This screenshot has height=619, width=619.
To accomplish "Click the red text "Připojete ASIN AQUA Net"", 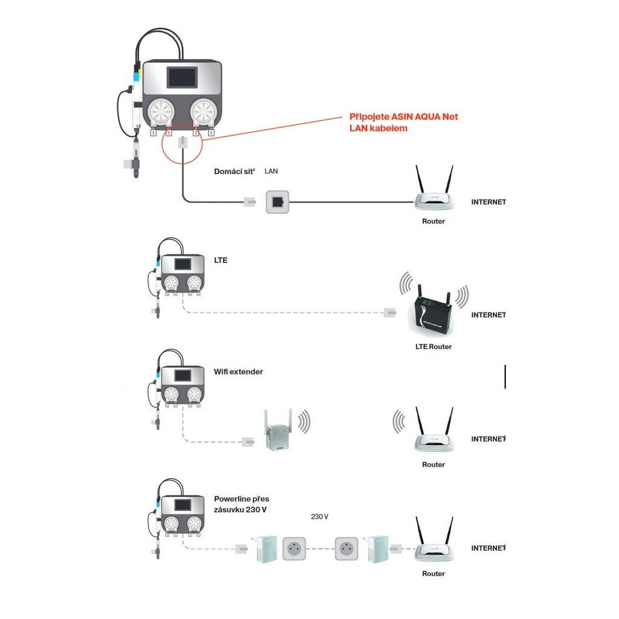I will (408, 117).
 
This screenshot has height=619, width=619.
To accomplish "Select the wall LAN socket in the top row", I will (277, 202).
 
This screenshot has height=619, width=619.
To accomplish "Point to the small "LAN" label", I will (271, 172).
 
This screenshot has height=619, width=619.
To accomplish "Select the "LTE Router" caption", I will (433, 347).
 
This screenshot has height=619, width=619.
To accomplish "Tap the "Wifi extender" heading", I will (238, 372).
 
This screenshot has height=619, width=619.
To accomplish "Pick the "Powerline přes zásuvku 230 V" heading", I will (242, 504).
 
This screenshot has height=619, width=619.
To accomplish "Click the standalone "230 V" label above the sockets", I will (319, 517).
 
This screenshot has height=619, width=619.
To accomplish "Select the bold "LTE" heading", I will (221, 261).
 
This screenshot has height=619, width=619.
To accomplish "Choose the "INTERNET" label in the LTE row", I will (488, 315).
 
